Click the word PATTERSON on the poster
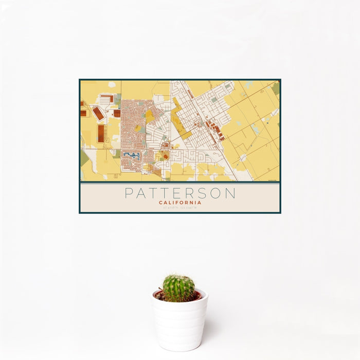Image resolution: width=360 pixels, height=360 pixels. coord(180,194)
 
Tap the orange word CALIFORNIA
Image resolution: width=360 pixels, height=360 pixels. coord(180,203)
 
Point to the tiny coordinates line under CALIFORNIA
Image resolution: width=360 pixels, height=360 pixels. coord(180,207)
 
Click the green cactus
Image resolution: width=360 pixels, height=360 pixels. coord(178,287)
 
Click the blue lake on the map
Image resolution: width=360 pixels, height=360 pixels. coord(132,154)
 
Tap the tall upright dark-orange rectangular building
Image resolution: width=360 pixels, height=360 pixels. coord(101,133)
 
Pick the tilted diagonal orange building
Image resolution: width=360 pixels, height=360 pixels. coord(98,113)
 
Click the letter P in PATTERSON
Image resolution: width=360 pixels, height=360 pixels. coord(129,194)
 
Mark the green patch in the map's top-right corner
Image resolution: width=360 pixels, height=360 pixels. coord(276,88)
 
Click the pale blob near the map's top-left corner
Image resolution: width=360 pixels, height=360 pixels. coord(112,84)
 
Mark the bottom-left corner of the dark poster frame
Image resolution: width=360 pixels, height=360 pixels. coord(80,212)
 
